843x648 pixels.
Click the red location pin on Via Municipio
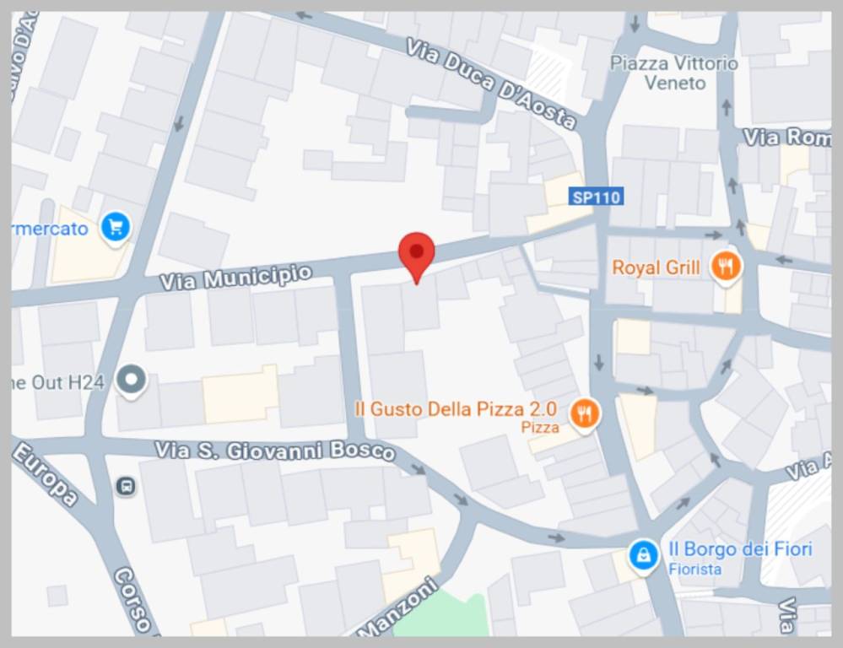416,252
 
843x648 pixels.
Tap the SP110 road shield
596,197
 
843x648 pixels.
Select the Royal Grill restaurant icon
726,267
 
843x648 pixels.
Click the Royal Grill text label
656,268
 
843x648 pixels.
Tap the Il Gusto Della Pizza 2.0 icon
585,413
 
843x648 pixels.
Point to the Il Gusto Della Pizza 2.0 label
456,410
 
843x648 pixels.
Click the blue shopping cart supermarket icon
115,226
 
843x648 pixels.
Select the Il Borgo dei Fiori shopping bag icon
644,556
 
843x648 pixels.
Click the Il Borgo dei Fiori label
740,549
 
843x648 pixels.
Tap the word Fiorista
695,569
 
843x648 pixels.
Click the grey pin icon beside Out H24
131,381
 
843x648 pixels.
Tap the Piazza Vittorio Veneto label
674,73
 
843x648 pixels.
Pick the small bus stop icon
127,486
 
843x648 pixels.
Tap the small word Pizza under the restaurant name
540,428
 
